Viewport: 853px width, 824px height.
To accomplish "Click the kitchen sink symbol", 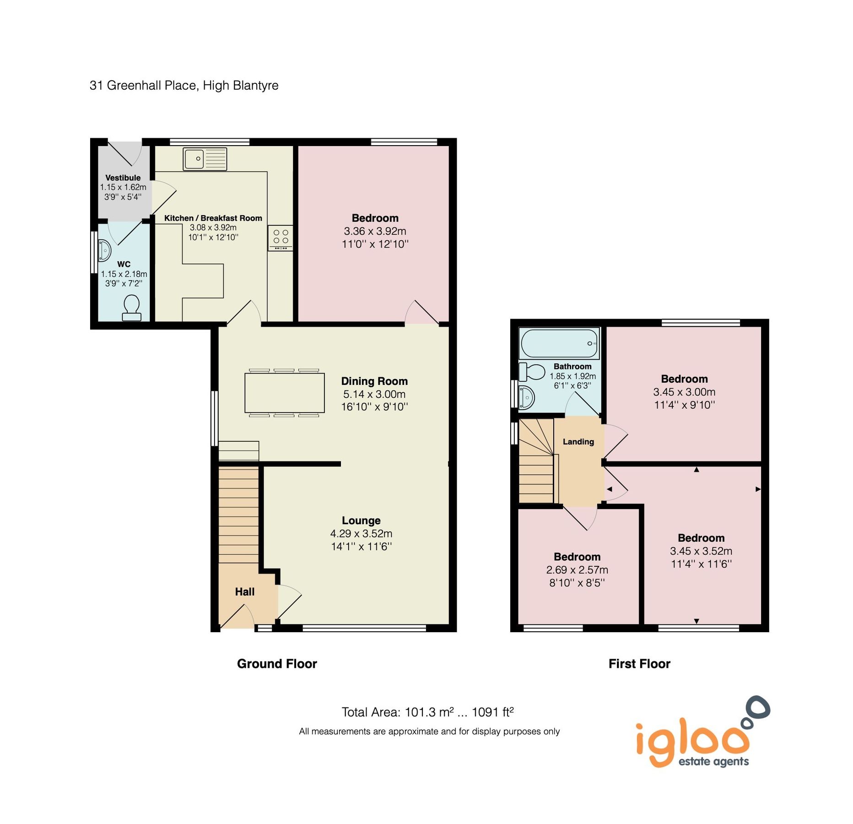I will pos(205,159).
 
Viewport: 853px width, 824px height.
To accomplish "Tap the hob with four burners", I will pos(280,238).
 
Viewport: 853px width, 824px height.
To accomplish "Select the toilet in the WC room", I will pos(131,308).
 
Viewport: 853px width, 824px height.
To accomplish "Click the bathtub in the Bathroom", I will pos(559,343).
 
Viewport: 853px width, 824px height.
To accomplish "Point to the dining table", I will pos(284,392).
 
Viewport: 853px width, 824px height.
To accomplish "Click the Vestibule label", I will pos(123,178).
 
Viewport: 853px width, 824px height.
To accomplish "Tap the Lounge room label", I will pos(361,520).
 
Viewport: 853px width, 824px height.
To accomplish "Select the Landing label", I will pos(578,441).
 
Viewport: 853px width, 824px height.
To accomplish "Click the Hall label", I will pos(244,591).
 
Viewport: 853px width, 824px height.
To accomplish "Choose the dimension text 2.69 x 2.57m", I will pos(577,569).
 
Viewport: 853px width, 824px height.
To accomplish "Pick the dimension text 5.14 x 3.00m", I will pos(374,394).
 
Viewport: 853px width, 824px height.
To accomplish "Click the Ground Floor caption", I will pos(276,663).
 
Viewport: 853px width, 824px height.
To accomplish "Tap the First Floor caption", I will pos(639,663).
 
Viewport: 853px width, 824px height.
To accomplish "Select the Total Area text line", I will pos(427,712).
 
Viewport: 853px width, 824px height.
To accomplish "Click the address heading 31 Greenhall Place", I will pos(184,85).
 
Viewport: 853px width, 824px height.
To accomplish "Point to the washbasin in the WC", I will pos(105,251).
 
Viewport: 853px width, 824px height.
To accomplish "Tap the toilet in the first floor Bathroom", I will pos(531,372).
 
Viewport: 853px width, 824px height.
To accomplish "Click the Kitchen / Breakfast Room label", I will pos(213,218).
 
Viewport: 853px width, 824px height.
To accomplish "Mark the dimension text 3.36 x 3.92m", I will pos(375,231).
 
